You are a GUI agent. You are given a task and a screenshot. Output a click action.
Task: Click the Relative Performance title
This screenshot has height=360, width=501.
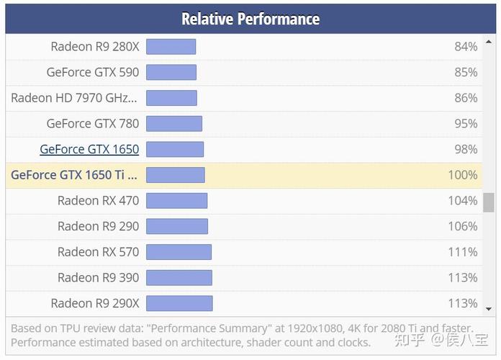point(250,19)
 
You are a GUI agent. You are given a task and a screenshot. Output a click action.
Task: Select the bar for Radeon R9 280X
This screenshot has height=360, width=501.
point(171,47)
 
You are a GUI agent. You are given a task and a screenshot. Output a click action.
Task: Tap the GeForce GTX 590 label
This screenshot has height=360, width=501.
point(93,72)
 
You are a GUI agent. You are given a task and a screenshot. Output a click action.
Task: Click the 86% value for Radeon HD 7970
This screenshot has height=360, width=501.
point(466,98)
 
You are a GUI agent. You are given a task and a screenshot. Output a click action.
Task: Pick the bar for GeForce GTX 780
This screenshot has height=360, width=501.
point(174,124)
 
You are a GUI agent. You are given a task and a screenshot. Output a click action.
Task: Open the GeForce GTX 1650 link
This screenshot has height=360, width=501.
point(89,149)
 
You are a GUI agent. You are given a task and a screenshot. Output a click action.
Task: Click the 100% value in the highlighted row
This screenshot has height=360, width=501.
point(463,175)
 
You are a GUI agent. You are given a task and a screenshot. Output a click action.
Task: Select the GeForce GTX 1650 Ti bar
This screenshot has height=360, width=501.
point(176,175)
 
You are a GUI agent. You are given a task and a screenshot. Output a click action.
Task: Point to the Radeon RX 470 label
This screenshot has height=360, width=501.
point(99,200)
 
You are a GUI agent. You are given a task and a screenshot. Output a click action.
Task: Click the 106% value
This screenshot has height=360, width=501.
point(463,226)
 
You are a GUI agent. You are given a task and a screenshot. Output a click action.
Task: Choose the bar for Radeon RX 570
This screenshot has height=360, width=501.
point(179,252)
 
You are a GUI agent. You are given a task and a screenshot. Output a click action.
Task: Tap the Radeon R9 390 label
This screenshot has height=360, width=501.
point(99,277)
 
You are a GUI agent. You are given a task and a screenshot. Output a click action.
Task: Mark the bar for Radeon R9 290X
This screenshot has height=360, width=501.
point(179,303)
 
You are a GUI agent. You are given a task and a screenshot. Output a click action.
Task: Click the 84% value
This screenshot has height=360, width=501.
point(466,47)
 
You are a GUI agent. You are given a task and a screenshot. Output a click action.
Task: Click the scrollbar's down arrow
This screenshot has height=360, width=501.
point(489,309)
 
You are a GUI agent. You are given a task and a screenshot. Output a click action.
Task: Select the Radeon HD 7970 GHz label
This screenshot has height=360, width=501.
point(74,98)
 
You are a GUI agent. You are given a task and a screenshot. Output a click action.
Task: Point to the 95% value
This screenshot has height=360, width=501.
point(466,124)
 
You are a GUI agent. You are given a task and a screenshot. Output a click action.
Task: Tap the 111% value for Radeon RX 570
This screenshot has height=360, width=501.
point(463,252)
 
